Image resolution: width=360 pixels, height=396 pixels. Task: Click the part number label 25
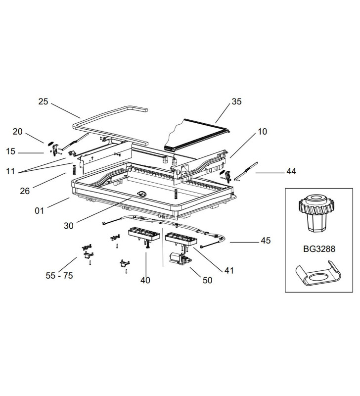click(43, 101)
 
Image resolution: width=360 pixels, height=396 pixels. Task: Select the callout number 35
click(236, 101)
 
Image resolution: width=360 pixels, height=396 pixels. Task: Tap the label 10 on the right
click(262, 132)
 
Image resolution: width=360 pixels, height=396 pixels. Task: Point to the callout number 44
click(291, 172)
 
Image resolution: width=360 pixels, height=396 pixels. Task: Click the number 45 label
click(266, 242)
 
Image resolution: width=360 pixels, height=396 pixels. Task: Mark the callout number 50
click(207, 280)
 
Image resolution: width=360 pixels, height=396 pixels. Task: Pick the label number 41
click(228, 270)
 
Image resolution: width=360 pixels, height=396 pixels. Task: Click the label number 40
click(145, 280)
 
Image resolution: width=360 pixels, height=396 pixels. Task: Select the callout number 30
click(69, 225)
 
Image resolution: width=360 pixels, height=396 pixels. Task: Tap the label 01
click(40, 211)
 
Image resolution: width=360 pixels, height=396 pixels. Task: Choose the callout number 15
click(11, 151)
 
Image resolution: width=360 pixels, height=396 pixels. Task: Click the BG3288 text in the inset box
click(318, 249)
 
